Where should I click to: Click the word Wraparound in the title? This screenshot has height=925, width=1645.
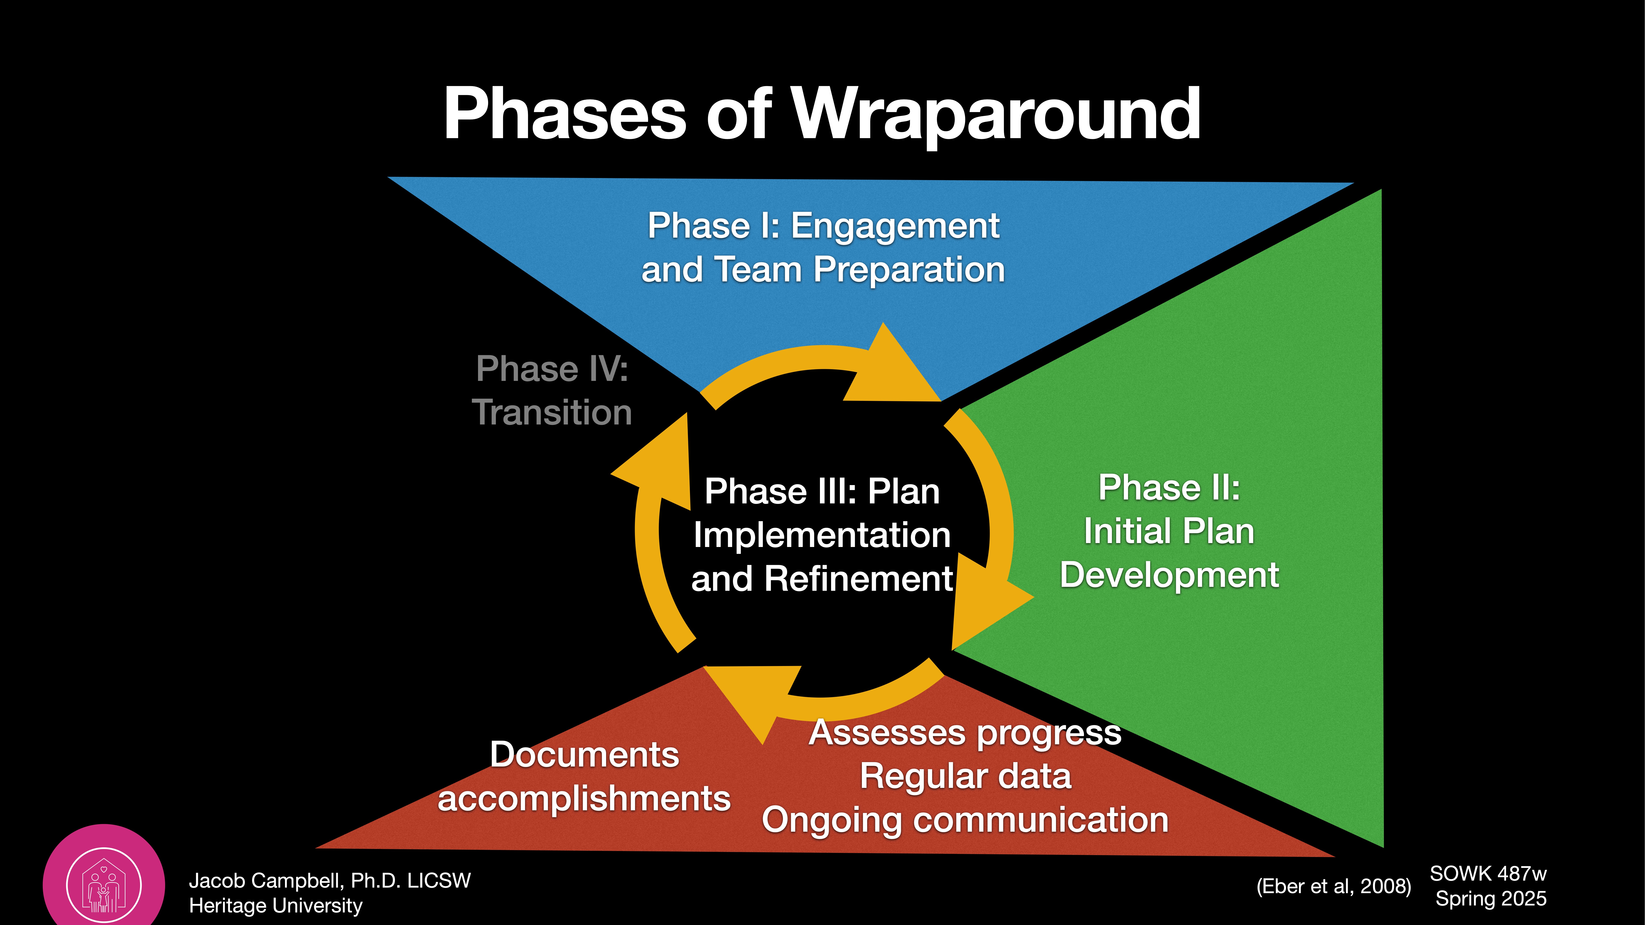[996, 115]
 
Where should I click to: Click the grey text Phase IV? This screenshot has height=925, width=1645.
[552, 369]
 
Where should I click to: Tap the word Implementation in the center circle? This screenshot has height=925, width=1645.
[822, 535]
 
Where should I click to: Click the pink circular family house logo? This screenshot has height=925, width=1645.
[103, 884]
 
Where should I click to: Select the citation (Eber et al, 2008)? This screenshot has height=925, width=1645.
[1333, 886]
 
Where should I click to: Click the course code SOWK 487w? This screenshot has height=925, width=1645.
[1488, 873]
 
